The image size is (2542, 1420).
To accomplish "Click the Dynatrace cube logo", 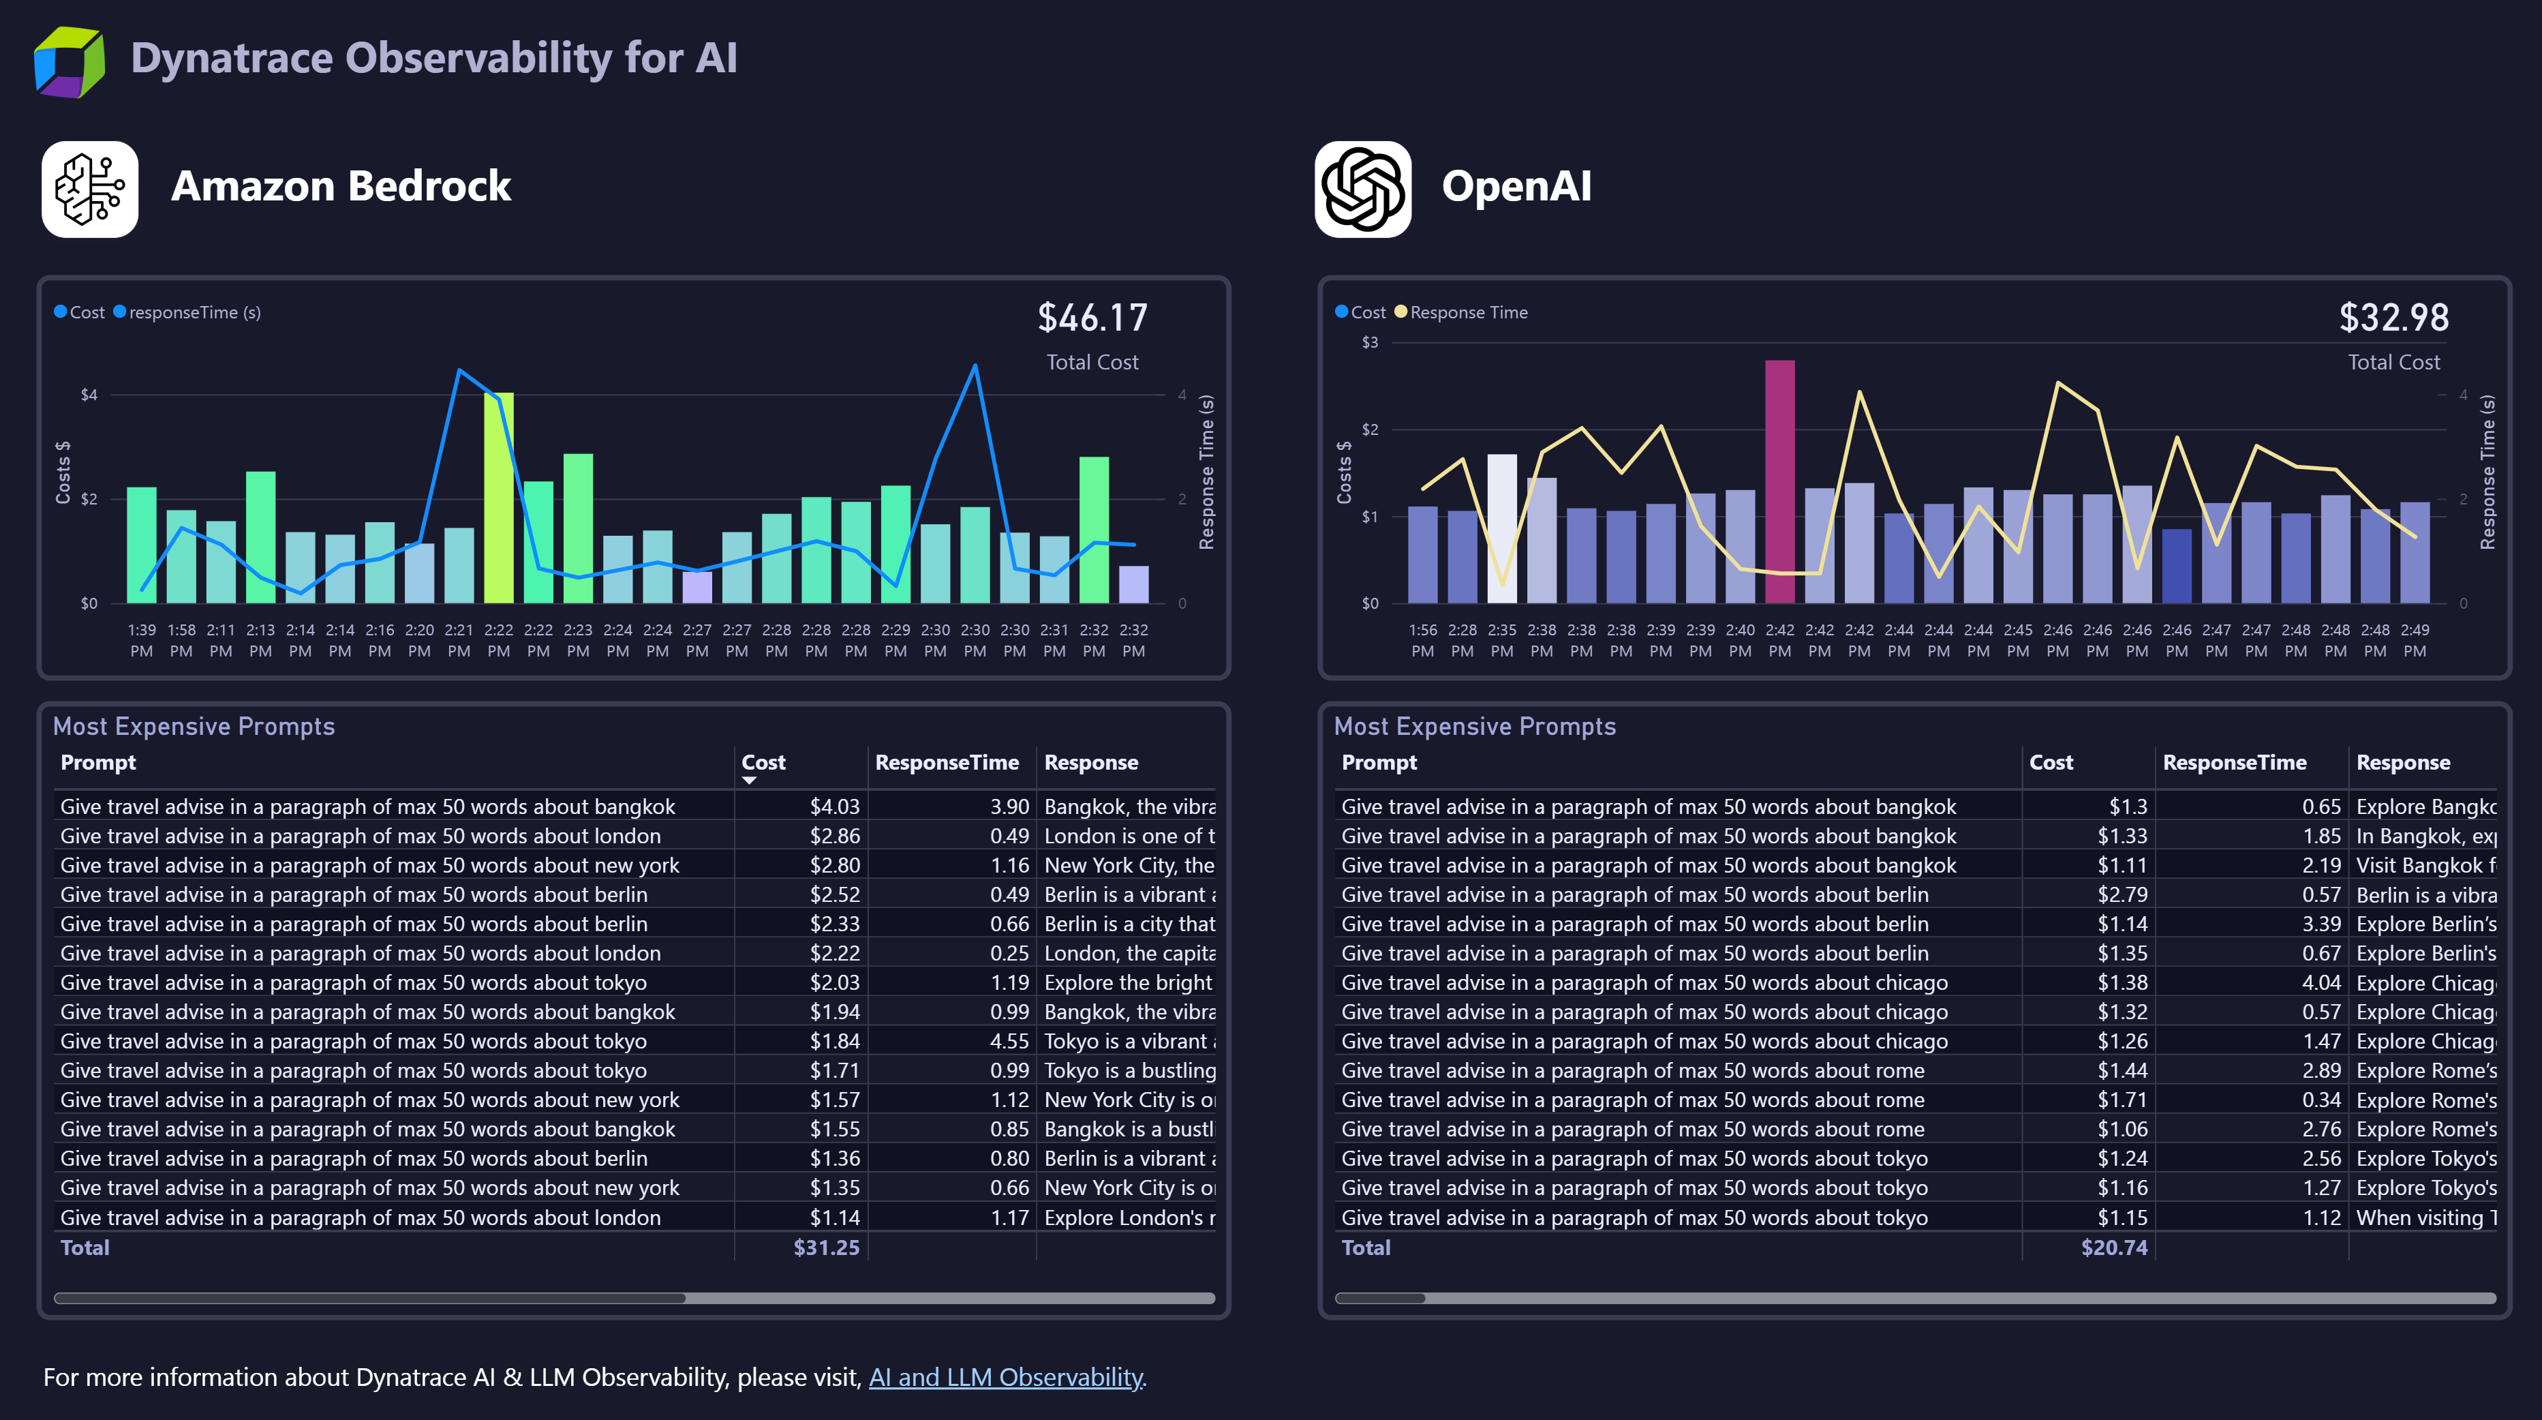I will tap(69, 61).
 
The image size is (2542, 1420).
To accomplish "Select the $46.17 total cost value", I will tap(1092, 318).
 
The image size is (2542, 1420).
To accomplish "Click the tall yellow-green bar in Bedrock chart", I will tap(498, 498).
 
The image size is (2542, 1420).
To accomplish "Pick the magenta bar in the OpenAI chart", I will tap(1779, 481).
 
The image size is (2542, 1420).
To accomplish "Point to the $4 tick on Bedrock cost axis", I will tap(89, 395).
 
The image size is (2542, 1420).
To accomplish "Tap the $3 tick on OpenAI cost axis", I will tap(1370, 342).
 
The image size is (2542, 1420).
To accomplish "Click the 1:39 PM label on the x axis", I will tap(141, 639).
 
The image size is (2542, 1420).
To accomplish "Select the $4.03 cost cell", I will tap(834, 806).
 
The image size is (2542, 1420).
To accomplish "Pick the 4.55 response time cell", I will tap(1009, 1041).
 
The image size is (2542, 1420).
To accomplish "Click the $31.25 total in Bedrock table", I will tap(826, 1248).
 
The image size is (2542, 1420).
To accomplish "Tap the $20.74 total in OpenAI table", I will tap(2114, 1248).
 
